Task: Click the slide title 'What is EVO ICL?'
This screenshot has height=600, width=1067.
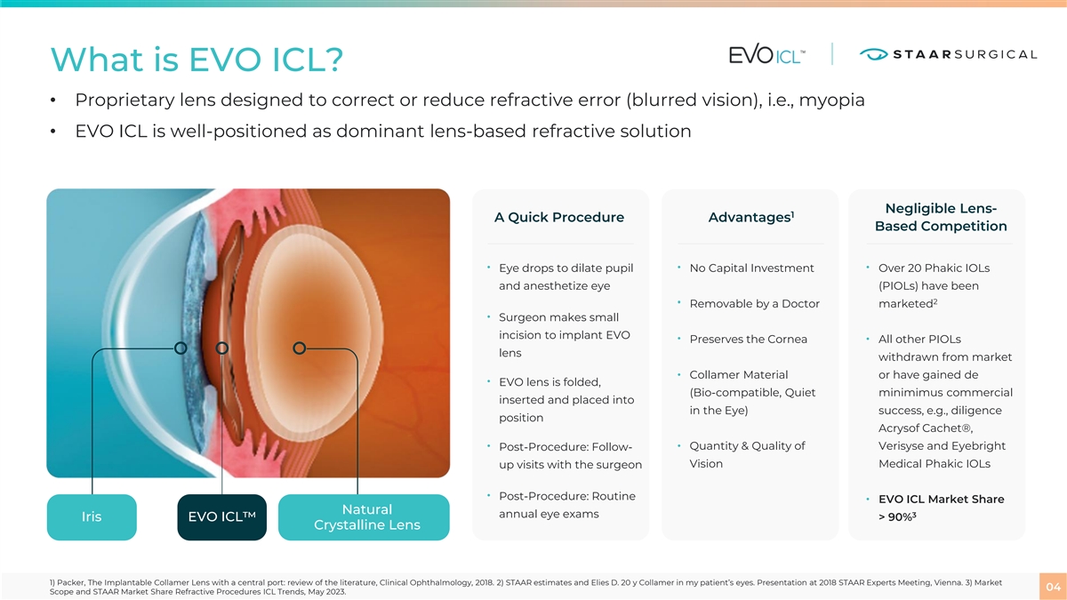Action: [197, 60]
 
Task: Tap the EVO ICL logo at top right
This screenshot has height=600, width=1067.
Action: [766, 55]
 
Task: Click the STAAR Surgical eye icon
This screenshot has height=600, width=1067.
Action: [873, 54]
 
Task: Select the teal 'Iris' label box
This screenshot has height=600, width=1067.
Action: [92, 517]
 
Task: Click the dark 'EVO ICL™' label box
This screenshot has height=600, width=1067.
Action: [222, 517]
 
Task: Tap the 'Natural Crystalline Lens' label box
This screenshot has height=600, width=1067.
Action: [364, 517]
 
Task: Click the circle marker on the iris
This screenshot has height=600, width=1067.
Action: [181, 348]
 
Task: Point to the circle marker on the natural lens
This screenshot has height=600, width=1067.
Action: [299, 348]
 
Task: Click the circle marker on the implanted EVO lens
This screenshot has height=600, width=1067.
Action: [222, 348]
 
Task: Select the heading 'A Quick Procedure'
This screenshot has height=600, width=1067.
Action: [559, 218]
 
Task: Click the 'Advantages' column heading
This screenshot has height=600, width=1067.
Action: [750, 218]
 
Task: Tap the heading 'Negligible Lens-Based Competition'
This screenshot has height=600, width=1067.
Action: [941, 217]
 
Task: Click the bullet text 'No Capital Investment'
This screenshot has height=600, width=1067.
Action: [751, 268]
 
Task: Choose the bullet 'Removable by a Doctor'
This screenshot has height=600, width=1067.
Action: [755, 304]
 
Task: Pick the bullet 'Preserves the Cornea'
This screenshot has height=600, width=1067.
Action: [749, 339]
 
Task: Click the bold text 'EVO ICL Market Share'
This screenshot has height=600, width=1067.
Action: [942, 499]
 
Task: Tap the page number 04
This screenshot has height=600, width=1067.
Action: [1053, 587]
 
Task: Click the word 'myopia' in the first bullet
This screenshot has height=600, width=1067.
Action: [831, 100]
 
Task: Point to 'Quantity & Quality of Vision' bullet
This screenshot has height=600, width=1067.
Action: [747, 455]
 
